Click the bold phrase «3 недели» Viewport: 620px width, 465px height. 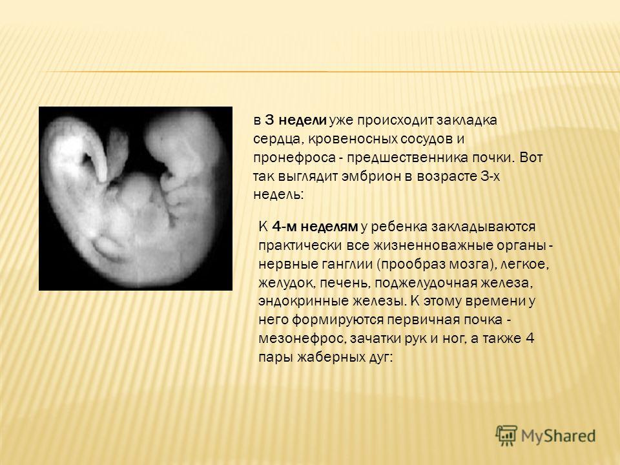(296, 120)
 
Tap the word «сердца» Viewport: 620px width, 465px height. (278, 139)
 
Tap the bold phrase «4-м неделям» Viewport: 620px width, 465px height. (315, 227)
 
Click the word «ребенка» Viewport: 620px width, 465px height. (398, 227)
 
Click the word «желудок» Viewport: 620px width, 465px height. (287, 283)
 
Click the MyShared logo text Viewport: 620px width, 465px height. (558, 436)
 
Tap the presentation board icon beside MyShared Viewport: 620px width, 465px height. (506, 435)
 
